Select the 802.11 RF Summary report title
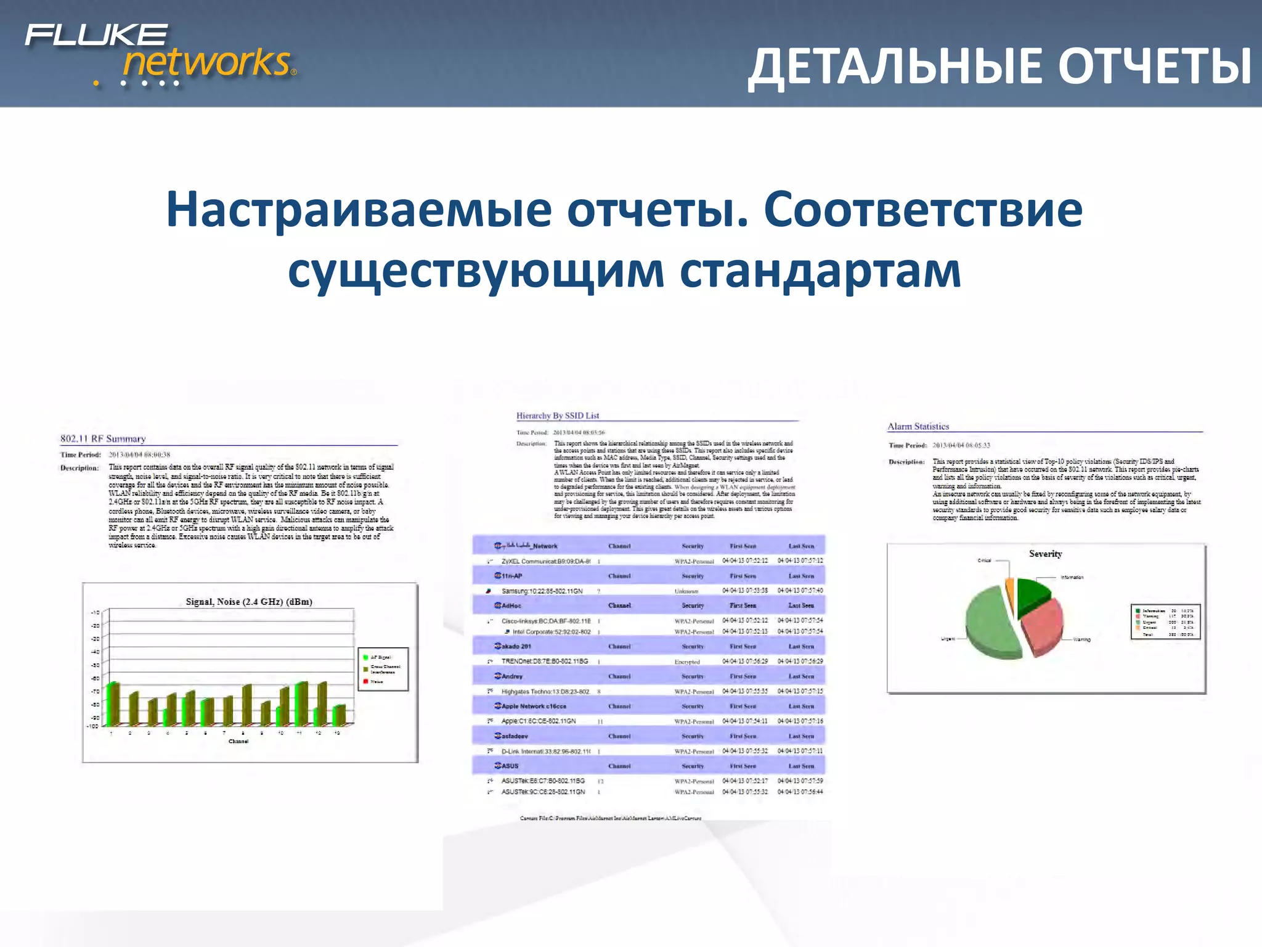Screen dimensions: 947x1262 click(x=103, y=439)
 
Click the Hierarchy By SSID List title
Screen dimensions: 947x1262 click(x=557, y=416)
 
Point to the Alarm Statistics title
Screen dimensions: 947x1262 click(x=918, y=427)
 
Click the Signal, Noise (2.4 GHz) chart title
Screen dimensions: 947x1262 click(x=249, y=602)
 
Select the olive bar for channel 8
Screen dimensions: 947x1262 click(x=246, y=704)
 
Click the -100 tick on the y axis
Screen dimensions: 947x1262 click(x=94, y=726)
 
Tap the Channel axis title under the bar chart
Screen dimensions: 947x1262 click(x=238, y=742)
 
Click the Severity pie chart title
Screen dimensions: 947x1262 click(x=1045, y=554)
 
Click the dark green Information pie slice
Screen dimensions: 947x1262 click(x=1032, y=595)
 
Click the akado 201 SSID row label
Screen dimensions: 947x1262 click(x=515, y=646)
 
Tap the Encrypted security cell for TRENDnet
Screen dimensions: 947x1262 click(x=686, y=662)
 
